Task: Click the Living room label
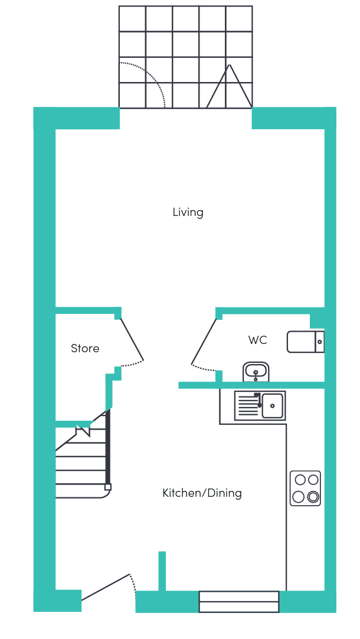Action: (x=188, y=212)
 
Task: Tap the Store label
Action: (x=85, y=349)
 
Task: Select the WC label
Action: (x=257, y=340)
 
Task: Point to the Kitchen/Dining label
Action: (x=202, y=493)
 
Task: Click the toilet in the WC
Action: (x=306, y=342)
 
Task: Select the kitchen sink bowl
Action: (x=272, y=405)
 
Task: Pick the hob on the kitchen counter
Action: (x=305, y=488)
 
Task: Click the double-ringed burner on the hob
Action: (x=313, y=497)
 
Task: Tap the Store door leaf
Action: (x=132, y=339)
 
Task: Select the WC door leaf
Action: (x=204, y=342)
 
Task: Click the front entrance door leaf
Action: (x=106, y=587)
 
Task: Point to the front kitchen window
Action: (x=239, y=602)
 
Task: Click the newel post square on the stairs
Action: (x=108, y=487)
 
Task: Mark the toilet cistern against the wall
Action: (x=320, y=342)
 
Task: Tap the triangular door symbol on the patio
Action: (x=229, y=86)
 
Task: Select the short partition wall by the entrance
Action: (x=162, y=571)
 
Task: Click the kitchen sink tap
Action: (x=258, y=400)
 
